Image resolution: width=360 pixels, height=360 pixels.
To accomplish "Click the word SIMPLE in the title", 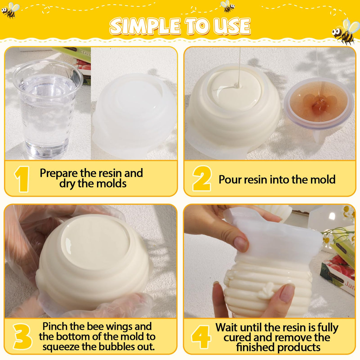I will [145, 26].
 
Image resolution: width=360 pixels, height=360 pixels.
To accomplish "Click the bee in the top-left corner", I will [10, 10].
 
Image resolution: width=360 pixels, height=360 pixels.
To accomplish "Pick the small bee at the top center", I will [228, 6].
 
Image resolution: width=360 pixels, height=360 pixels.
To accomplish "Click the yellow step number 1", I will [22, 179].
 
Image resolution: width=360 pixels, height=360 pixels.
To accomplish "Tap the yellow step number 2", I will [202, 179].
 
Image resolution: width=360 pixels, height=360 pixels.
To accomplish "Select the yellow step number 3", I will [23, 336].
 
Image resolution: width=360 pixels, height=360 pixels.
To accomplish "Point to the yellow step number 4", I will [201, 337].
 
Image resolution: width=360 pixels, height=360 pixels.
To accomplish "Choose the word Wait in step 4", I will [227, 327].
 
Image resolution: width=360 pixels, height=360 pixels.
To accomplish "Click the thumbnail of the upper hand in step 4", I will [241, 244].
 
